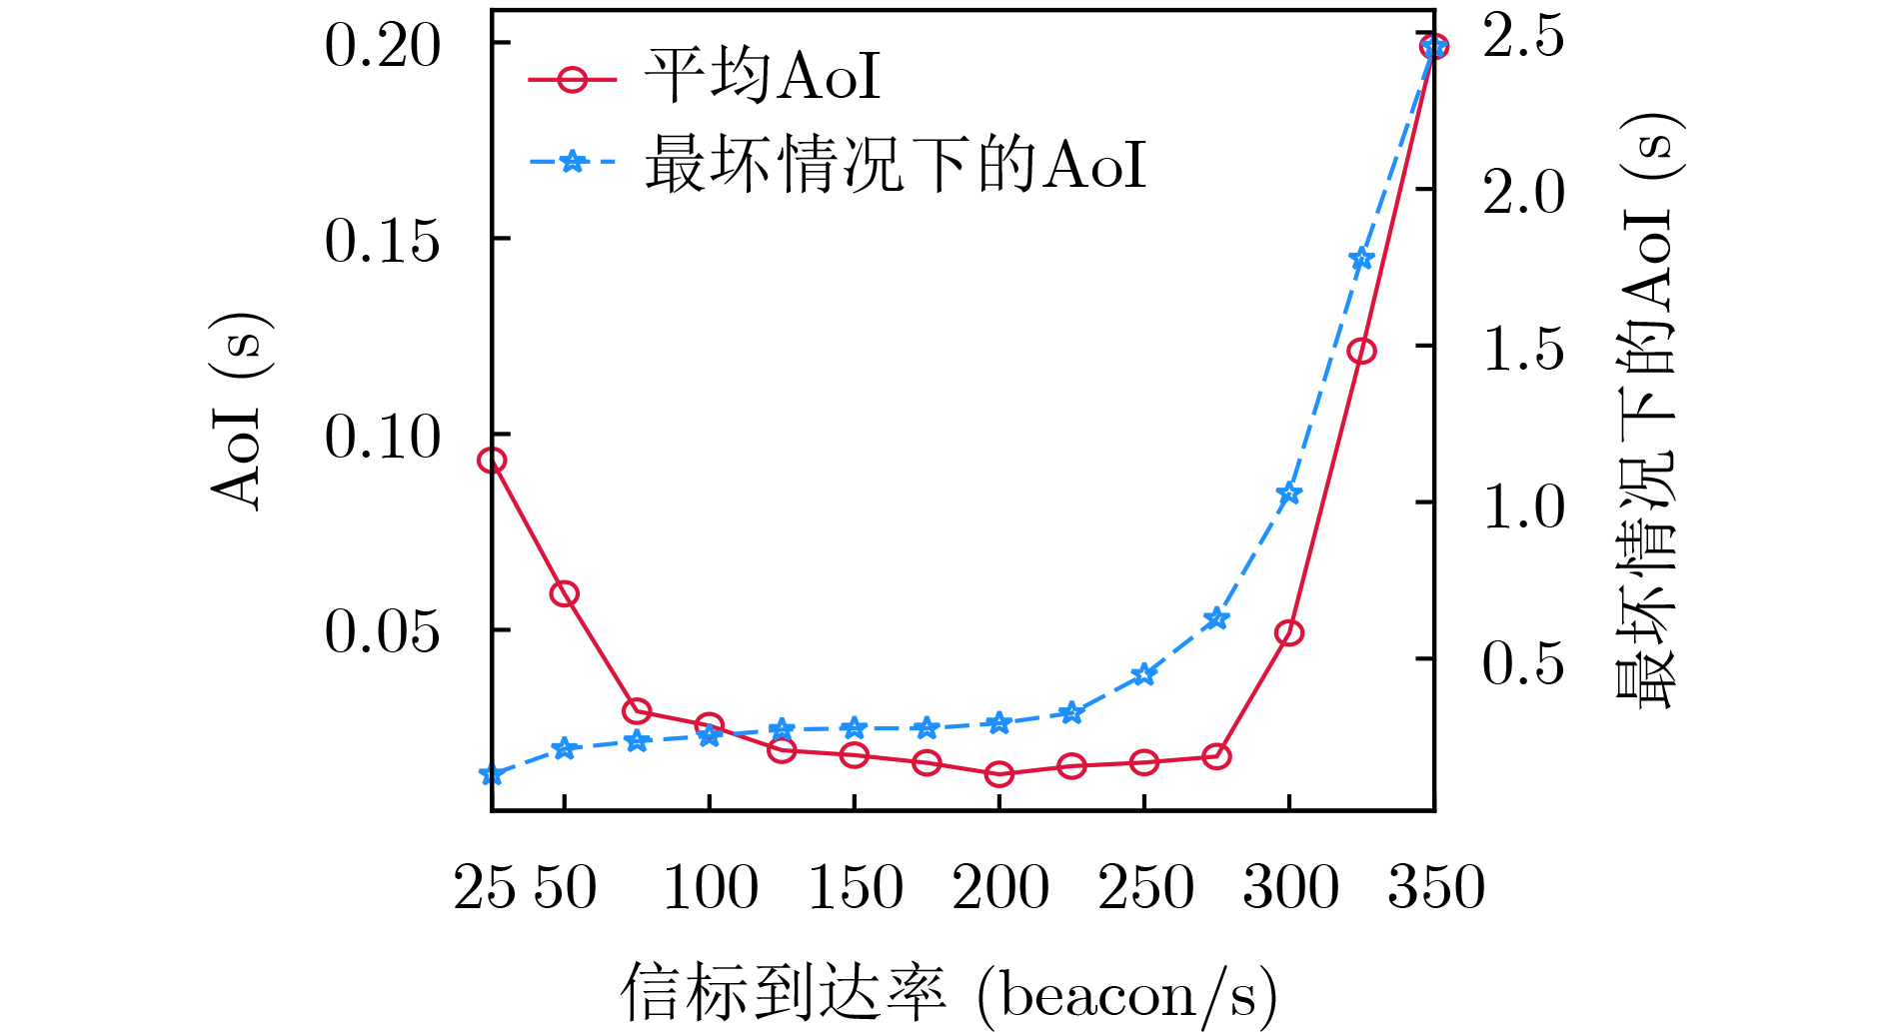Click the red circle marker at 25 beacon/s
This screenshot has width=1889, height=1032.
pyautogui.click(x=492, y=461)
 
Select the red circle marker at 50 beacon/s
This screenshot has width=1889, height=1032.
pyautogui.click(x=565, y=593)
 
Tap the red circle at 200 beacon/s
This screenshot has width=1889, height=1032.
pyautogui.click(x=999, y=773)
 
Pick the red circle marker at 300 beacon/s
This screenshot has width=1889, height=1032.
pyautogui.click(x=1289, y=632)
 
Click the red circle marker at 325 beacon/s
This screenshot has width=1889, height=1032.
pyautogui.click(x=1361, y=351)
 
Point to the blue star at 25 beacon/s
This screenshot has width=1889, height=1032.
pyautogui.click(x=492, y=774)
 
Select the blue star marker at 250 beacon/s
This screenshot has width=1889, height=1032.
pyautogui.click(x=1144, y=674)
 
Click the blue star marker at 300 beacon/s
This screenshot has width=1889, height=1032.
pyautogui.click(x=1289, y=494)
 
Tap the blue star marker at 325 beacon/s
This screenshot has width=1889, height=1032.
pyautogui.click(x=1361, y=260)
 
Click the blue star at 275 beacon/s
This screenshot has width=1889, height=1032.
pyautogui.click(x=1216, y=618)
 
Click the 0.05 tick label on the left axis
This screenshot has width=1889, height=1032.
pyautogui.click(x=382, y=631)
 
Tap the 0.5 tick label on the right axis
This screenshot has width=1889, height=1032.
pyautogui.click(x=1523, y=661)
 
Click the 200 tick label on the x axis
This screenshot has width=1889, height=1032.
pyautogui.click(x=999, y=887)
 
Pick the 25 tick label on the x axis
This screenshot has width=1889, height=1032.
pyautogui.click(x=486, y=887)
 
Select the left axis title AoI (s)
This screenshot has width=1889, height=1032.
pyautogui.click(x=240, y=411)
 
